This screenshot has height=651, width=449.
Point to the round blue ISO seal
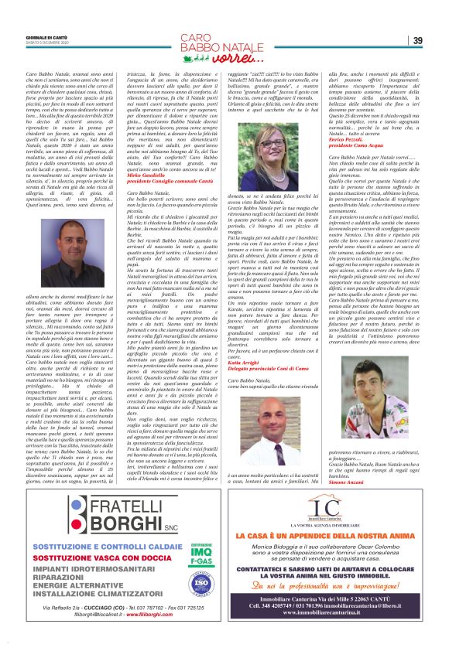click(179, 576)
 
